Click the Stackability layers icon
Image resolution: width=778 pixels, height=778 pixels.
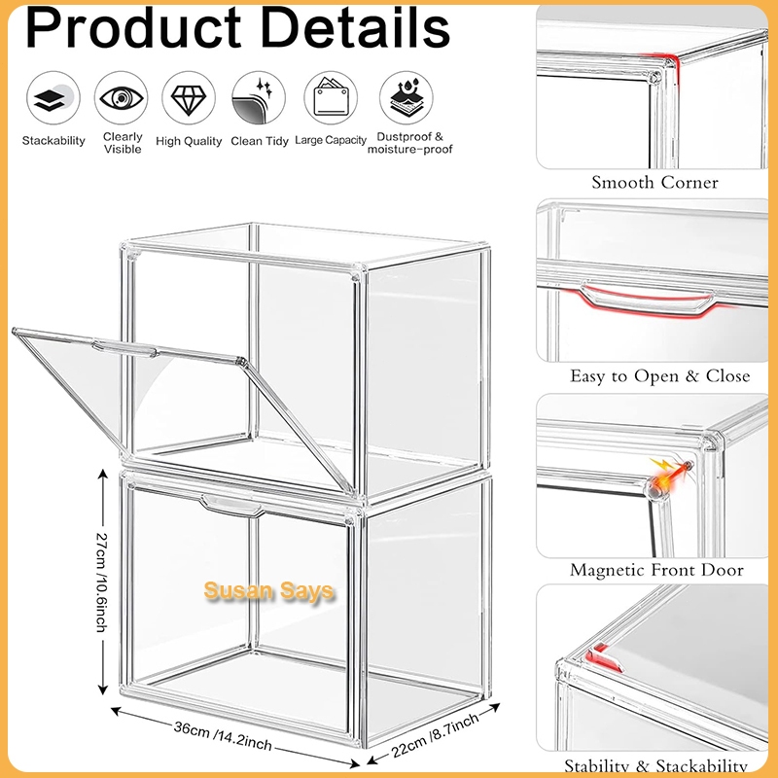click(53, 98)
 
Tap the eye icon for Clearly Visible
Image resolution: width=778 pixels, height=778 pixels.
click(121, 98)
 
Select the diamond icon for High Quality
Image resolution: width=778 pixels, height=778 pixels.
click(189, 98)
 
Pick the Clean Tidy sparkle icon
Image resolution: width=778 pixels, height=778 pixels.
click(259, 98)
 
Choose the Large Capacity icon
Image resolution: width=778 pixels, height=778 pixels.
click(331, 98)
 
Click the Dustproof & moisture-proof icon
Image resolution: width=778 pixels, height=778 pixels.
click(406, 98)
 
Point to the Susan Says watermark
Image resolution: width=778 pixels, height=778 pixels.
click(268, 591)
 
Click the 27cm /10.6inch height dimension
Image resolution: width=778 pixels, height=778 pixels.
click(102, 582)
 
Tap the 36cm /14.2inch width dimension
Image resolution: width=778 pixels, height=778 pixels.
click(223, 736)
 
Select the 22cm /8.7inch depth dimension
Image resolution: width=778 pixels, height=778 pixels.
click(435, 735)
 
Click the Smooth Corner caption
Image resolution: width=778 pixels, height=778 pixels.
click(654, 183)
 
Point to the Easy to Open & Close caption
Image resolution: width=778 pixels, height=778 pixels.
click(659, 376)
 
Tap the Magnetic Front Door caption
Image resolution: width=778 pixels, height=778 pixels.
click(656, 570)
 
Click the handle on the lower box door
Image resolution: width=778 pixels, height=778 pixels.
click(230, 505)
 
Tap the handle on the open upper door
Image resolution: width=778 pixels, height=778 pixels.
click(124, 348)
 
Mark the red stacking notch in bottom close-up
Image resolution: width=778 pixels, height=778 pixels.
click(603, 658)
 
